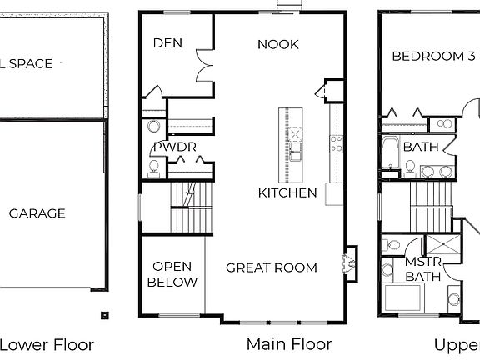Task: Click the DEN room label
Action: (x=167, y=43)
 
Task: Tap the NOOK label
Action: (x=277, y=44)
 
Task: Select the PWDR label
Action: (x=174, y=147)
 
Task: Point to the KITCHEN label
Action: (x=287, y=192)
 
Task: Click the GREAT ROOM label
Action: (x=272, y=267)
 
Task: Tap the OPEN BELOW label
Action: (x=172, y=274)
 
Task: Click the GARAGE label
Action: (x=37, y=213)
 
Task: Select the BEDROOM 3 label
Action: (x=433, y=57)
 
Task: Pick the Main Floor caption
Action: (x=288, y=343)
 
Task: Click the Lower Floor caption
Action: (x=46, y=343)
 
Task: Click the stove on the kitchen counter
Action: (x=336, y=142)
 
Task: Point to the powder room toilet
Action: (x=152, y=168)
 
